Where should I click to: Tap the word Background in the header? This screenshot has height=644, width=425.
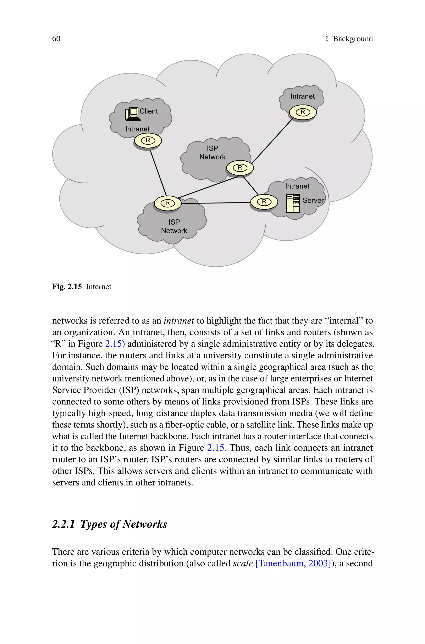(x=353, y=39)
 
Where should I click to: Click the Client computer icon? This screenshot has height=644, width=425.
(x=132, y=114)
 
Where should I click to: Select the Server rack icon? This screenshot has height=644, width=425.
(x=293, y=203)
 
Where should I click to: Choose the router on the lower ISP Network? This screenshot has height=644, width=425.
(x=167, y=203)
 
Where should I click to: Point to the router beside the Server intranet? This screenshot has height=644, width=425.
(x=264, y=202)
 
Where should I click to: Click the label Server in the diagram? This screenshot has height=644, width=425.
(x=313, y=200)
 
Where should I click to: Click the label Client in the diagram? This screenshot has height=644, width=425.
(x=149, y=111)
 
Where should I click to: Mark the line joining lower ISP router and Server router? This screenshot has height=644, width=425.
(x=215, y=203)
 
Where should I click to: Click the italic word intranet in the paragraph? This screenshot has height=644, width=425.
(x=179, y=321)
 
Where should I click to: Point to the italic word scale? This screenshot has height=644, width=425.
(x=243, y=563)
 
